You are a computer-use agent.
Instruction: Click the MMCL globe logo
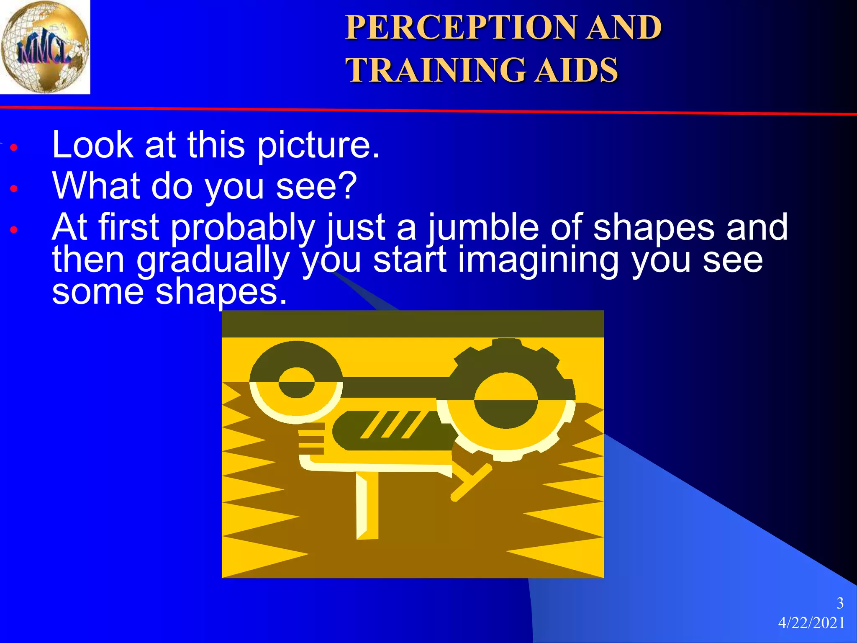45,46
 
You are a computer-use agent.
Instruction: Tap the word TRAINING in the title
435,70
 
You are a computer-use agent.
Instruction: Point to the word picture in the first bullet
318,145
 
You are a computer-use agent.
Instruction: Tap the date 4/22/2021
811,623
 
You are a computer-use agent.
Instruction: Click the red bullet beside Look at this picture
14,147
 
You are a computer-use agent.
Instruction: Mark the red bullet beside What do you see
14,188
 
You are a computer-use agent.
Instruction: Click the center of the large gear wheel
506,401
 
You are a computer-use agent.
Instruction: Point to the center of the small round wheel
296,383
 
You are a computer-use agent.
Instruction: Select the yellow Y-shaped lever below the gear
471,481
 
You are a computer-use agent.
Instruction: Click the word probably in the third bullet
243,228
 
